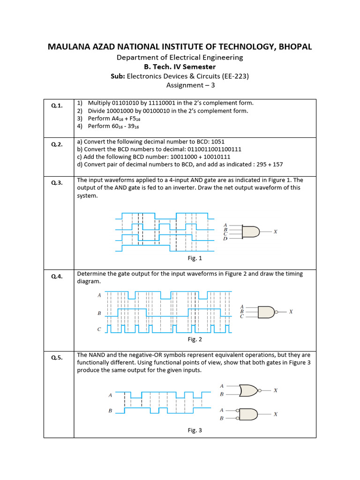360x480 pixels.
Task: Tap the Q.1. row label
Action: [x=57, y=106]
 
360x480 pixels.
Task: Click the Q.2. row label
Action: [x=57, y=144]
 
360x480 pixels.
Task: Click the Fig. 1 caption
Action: [x=195, y=258]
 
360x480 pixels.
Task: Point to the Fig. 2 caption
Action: [x=195, y=339]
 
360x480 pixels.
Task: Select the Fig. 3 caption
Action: [x=195, y=430]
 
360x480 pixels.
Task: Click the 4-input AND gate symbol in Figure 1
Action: [x=251, y=232]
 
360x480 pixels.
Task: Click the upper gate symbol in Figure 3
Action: [x=248, y=390]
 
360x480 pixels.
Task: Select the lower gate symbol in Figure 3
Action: [x=248, y=414]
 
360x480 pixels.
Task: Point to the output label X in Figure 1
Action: [x=275, y=232]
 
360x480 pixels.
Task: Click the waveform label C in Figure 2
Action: [x=99, y=330]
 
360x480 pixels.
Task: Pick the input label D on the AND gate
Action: [x=225, y=239]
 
